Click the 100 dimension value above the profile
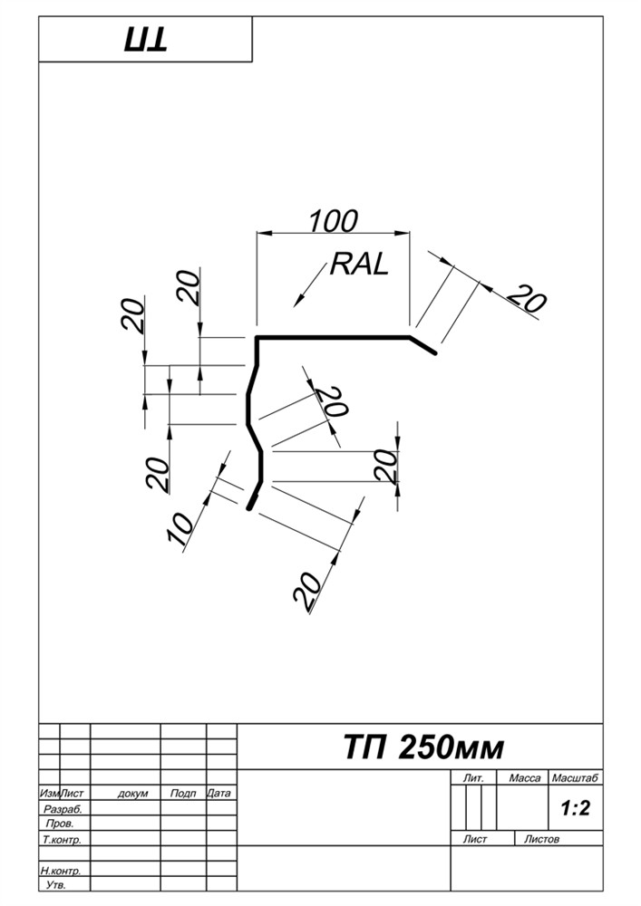pyautogui.click(x=333, y=220)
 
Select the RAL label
pyautogui.click(x=359, y=265)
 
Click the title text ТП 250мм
pyautogui.click(x=423, y=748)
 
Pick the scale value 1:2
pyautogui.click(x=575, y=809)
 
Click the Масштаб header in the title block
pyautogui.click(x=576, y=778)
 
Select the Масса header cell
pyautogui.click(x=525, y=778)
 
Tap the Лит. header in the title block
pyautogui.click(x=473, y=778)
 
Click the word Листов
pyautogui.click(x=542, y=839)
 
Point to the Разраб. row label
pyautogui.click(x=63, y=809)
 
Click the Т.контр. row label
pyautogui.click(x=62, y=840)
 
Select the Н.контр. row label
pyautogui.click(x=62, y=870)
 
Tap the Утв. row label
pyautogui.click(x=55, y=884)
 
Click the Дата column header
pyautogui.click(x=219, y=794)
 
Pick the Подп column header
pyautogui.click(x=183, y=794)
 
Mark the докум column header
pyautogui.click(x=133, y=794)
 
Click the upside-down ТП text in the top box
pyautogui.click(x=144, y=41)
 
